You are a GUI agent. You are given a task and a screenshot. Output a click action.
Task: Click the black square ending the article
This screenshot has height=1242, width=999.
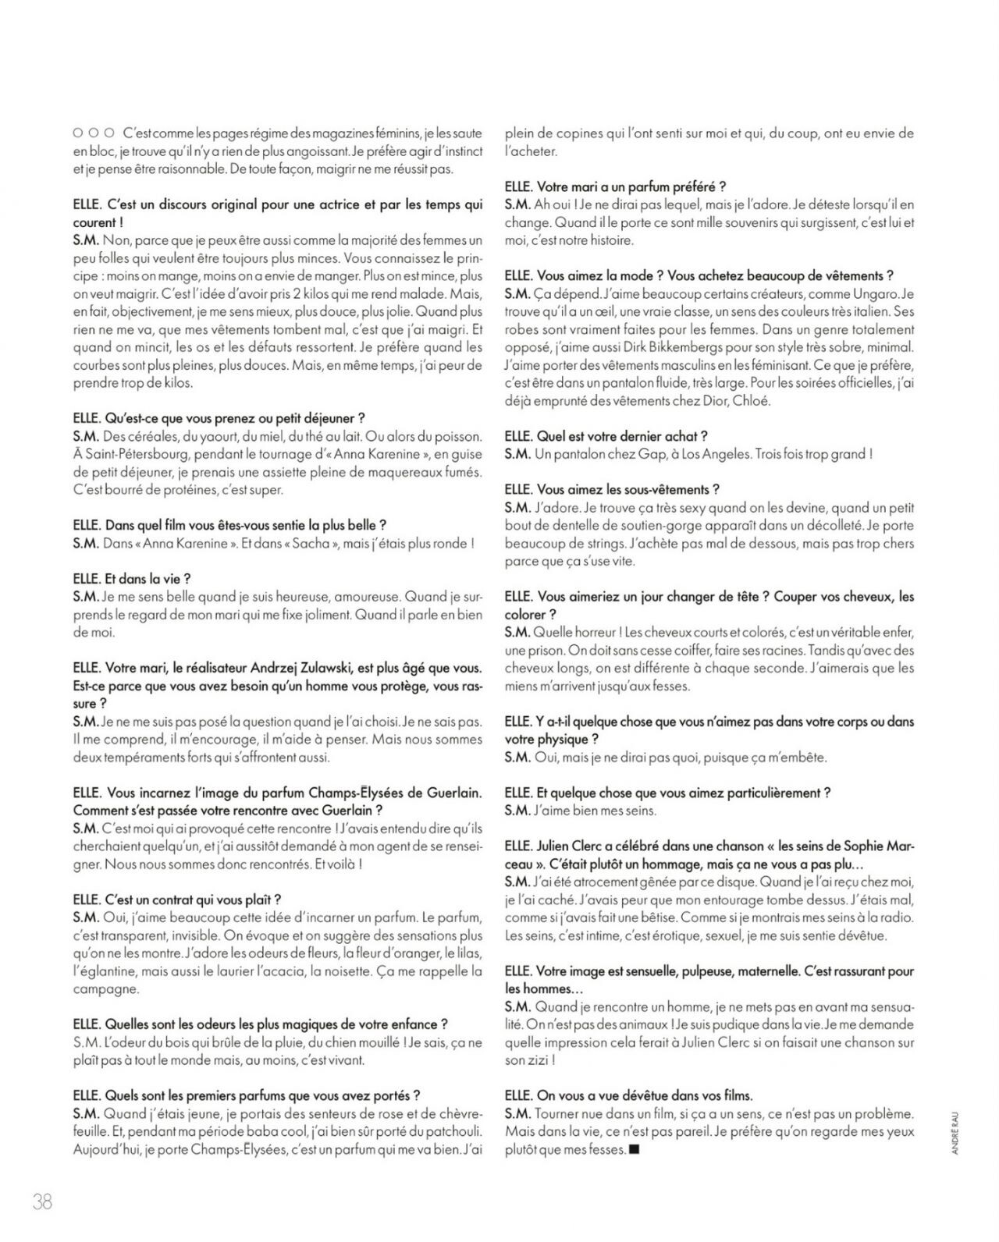(634, 1149)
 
